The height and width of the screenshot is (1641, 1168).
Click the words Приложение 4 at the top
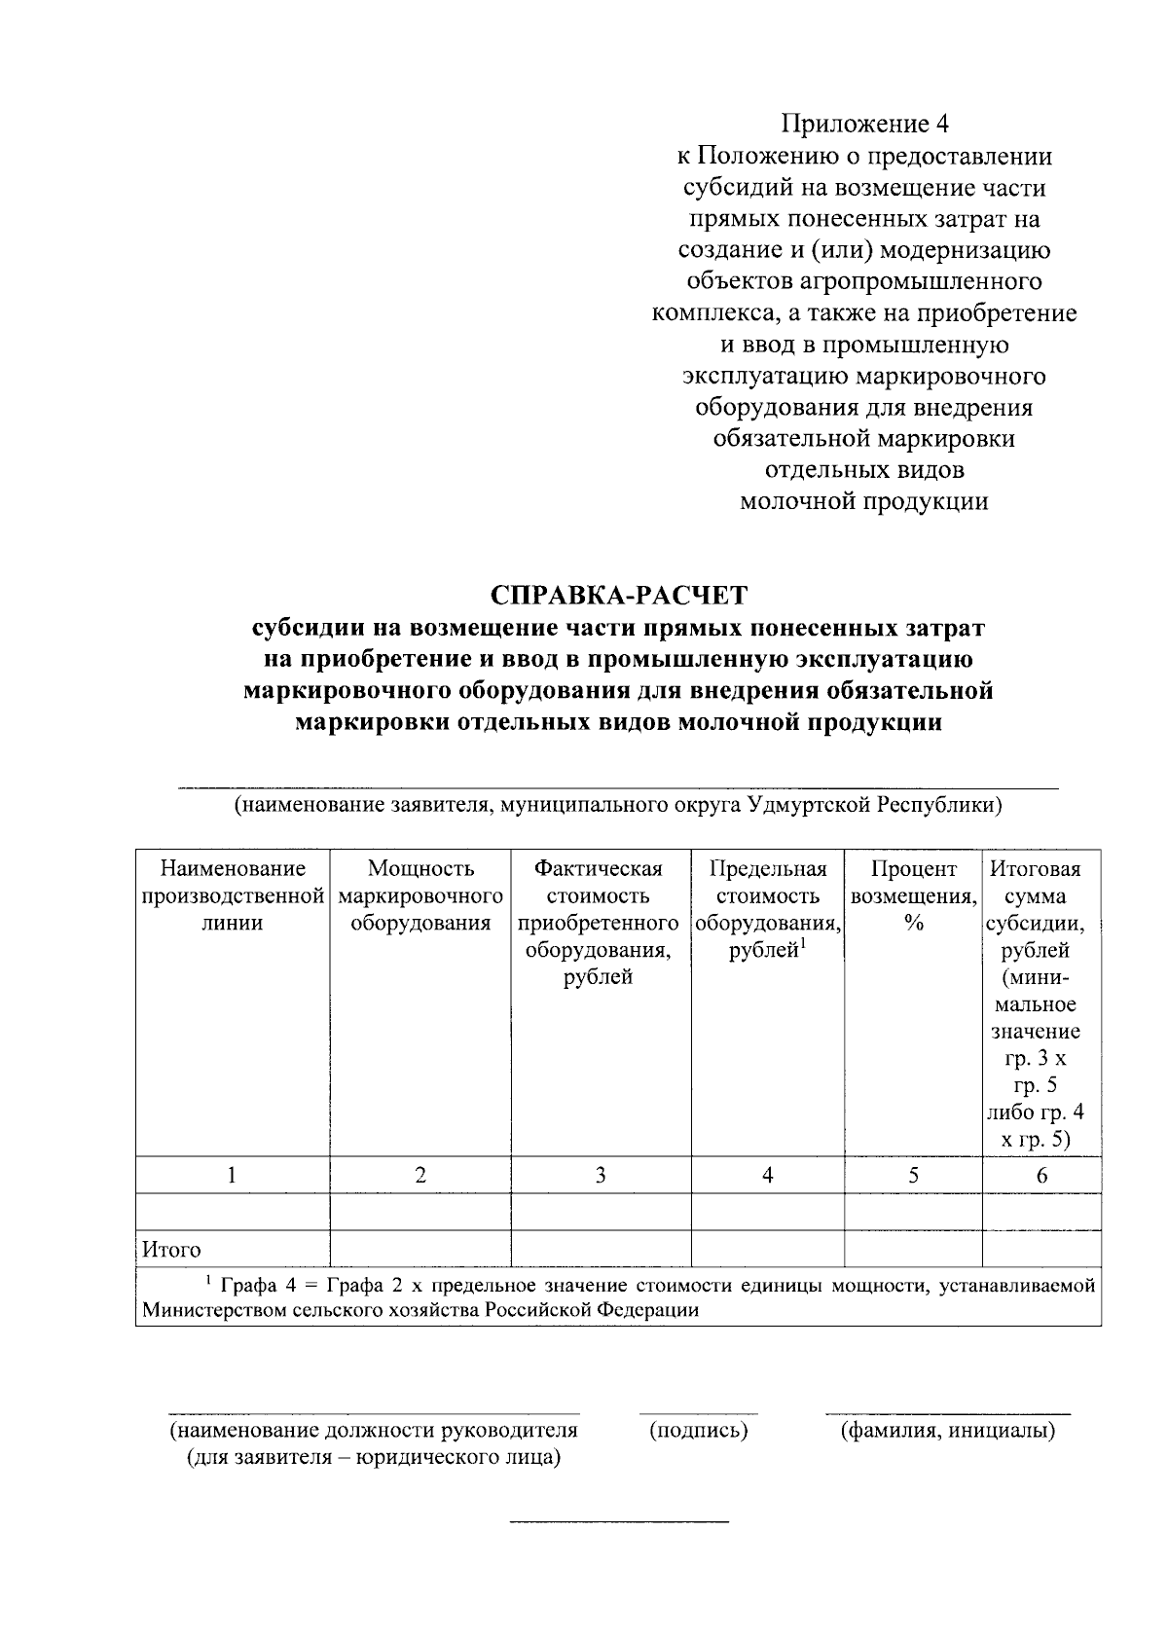[x=863, y=124]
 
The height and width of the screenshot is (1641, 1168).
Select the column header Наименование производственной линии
[x=232, y=895]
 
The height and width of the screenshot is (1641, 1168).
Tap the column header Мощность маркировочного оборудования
[x=420, y=895]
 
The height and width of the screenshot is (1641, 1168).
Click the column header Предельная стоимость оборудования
[x=767, y=908]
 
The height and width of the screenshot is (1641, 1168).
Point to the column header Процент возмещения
[x=913, y=895]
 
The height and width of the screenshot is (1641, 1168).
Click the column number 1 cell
[x=232, y=1175]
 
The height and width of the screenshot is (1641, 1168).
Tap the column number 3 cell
[x=601, y=1175]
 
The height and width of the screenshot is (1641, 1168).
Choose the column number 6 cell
[x=1040, y=1175]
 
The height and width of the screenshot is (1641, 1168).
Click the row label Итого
[x=172, y=1250]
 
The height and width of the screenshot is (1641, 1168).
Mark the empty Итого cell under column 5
[x=913, y=1249]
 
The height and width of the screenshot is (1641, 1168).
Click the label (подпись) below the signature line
[x=698, y=1431]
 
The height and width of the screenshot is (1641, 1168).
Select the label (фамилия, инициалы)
[x=947, y=1431]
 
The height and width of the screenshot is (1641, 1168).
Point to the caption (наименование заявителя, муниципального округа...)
[x=617, y=806]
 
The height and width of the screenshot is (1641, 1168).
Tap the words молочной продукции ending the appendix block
[x=863, y=502]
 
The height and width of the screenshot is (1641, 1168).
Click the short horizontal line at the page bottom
[x=619, y=1521]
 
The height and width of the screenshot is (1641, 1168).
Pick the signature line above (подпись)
[x=698, y=1412]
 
